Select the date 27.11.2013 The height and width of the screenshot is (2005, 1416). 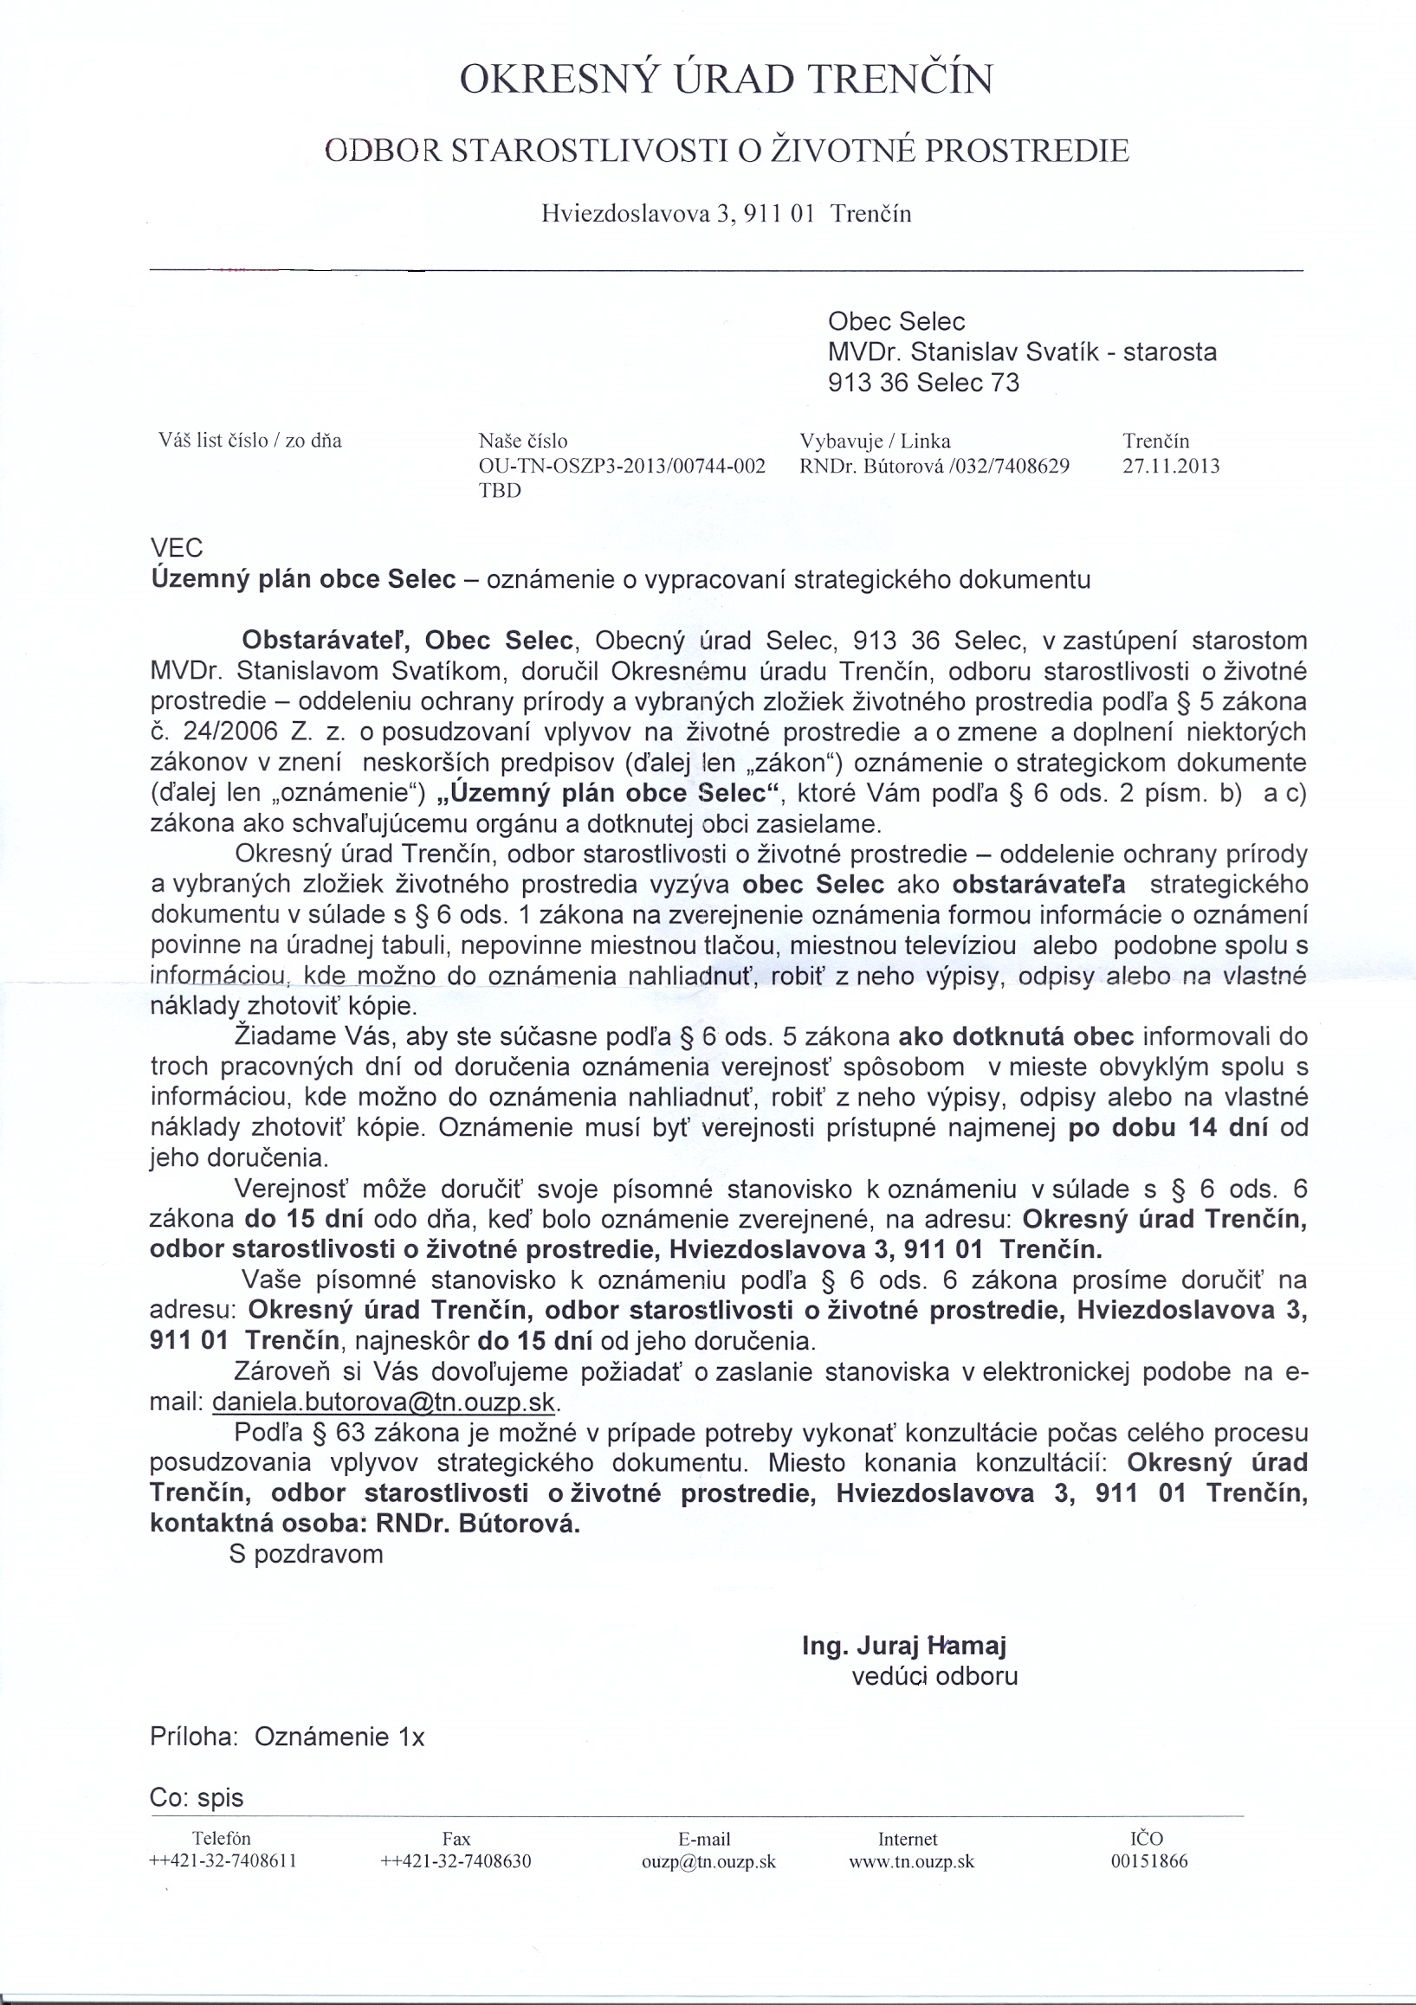[1170, 467]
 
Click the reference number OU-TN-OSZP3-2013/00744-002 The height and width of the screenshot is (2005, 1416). [622, 467]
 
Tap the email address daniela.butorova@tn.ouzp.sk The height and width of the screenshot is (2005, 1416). [384, 1402]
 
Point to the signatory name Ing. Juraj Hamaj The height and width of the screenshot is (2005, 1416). [904, 1646]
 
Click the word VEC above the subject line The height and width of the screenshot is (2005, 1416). [177, 548]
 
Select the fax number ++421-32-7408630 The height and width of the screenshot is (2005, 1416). [456, 1861]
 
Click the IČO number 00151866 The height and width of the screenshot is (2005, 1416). [1149, 1861]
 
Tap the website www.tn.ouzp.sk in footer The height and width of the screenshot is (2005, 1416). [911, 1861]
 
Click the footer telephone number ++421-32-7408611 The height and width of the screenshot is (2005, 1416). [223, 1861]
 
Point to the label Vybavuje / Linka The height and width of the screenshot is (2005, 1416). [875, 441]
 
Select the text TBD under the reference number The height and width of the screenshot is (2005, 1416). [500, 491]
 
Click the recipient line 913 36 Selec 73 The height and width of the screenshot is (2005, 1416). [923, 384]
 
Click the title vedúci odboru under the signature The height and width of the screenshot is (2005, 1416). [934, 1677]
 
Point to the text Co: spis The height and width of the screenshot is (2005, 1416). [197, 1798]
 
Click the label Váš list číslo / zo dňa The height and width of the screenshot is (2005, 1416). [249, 440]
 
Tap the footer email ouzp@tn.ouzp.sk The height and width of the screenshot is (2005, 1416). [708, 1861]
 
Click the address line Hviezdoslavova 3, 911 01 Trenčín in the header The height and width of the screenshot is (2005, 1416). [726, 214]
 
